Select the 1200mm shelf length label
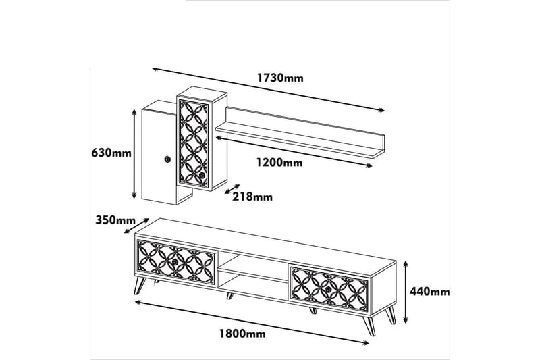279,163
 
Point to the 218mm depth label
252,197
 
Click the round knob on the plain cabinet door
166,159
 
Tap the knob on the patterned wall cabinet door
202,176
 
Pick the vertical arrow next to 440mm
406,291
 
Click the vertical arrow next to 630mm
134,153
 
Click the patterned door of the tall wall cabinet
196,142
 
